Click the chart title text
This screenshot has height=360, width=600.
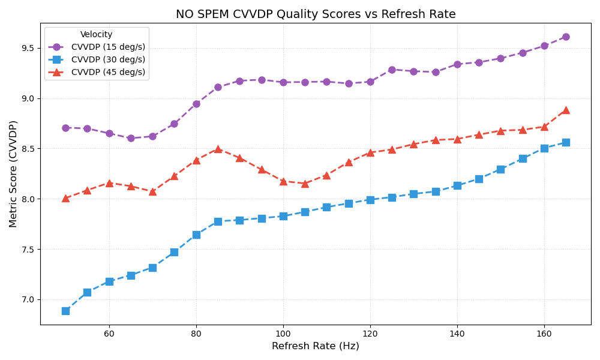point(316,14)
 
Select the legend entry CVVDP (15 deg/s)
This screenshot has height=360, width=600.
point(108,47)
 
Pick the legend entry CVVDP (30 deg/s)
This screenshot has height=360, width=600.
point(108,59)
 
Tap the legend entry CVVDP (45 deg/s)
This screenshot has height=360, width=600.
point(108,72)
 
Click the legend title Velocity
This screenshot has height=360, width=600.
point(97,35)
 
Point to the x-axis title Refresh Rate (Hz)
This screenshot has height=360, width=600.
point(316,346)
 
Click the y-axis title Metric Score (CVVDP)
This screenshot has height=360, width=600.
point(14,173)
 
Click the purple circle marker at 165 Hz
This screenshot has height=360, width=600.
point(566,37)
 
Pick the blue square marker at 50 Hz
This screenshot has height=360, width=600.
point(65,311)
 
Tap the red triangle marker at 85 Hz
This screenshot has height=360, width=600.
point(218,149)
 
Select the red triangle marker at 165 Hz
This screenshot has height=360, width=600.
point(566,110)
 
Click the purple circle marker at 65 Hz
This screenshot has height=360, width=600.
point(131,138)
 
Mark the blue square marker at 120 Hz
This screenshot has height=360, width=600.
point(370,200)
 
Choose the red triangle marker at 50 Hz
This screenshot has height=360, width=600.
point(65,197)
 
